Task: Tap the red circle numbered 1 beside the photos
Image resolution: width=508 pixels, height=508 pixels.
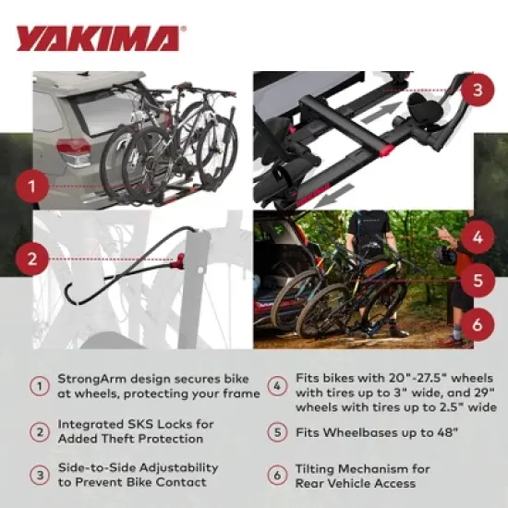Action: pyautogui.click(x=32, y=188)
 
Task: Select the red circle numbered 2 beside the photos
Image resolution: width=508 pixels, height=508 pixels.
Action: pyautogui.click(x=32, y=258)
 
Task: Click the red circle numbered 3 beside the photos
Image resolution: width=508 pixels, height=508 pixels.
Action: pyautogui.click(x=476, y=90)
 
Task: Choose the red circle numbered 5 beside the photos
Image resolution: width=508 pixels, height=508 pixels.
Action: pyautogui.click(x=476, y=280)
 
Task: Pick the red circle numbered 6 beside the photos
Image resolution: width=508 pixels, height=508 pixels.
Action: pyautogui.click(x=476, y=323)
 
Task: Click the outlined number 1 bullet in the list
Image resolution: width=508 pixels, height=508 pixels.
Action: pyautogui.click(x=39, y=386)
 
